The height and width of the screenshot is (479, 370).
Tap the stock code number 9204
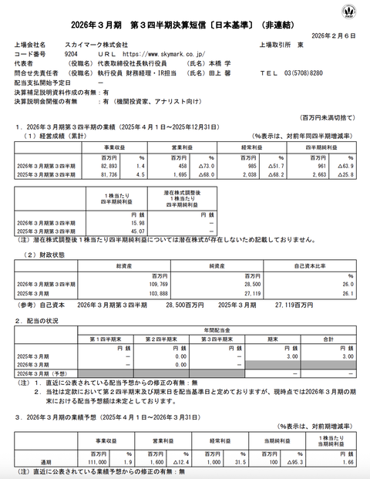(x=69, y=55)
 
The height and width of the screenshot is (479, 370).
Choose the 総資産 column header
(x=124, y=265)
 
